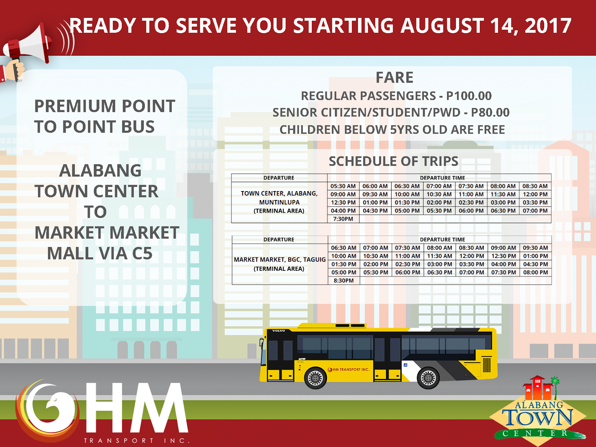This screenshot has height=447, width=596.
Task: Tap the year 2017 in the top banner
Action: click(548, 26)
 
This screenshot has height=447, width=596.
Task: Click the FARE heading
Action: click(394, 77)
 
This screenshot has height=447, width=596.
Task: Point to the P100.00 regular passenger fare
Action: click(469, 96)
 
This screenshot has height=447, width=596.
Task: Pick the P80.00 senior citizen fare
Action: click(490, 112)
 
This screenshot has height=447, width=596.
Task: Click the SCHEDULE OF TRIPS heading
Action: click(393, 161)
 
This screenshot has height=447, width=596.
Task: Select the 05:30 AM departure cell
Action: click(343, 186)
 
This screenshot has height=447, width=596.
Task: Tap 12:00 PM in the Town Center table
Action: click(535, 194)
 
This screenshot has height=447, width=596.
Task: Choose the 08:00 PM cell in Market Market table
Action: click(535, 272)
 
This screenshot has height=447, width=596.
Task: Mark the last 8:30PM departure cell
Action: click(343, 280)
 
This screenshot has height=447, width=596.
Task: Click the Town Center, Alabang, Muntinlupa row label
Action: click(279, 202)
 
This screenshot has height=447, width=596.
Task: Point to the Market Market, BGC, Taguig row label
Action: click(279, 264)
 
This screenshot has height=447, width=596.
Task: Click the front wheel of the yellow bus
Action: click(316, 378)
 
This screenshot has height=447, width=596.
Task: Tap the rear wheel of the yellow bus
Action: click(428, 378)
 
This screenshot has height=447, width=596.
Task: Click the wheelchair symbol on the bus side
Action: click(405, 365)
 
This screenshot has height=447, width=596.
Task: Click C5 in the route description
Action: click(142, 254)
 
